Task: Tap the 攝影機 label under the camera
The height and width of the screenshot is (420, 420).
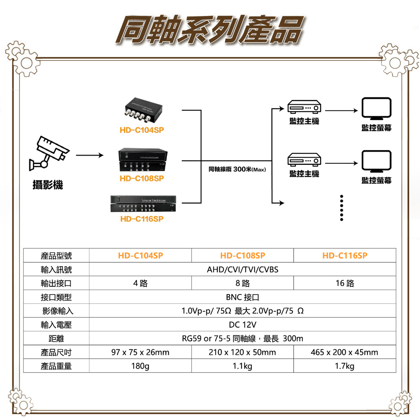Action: (x=48, y=185)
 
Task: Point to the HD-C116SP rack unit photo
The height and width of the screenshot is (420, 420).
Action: (x=142, y=204)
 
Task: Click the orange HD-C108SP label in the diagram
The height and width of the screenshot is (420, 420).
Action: (x=142, y=178)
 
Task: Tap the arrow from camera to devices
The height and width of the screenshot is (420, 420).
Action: (x=89, y=155)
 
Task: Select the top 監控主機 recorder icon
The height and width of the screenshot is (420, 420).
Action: (x=304, y=107)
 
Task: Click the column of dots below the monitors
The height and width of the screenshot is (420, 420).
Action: (x=342, y=208)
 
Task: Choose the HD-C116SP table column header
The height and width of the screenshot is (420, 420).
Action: (x=345, y=256)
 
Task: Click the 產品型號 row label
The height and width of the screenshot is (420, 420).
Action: (x=56, y=256)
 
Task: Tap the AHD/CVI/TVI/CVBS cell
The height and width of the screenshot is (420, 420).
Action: (x=242, y=269)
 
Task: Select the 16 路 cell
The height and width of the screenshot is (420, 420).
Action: (x=345, y=283)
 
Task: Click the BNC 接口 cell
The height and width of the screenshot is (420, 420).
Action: (x=242, y=297)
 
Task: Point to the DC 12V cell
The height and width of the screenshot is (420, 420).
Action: (x=242, y=325)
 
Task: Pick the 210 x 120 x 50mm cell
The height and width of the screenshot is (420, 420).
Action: (x=242, y=352)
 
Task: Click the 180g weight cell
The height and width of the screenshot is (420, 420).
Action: (x=140, y=366)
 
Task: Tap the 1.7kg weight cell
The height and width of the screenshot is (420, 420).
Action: (x=345, y=366)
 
